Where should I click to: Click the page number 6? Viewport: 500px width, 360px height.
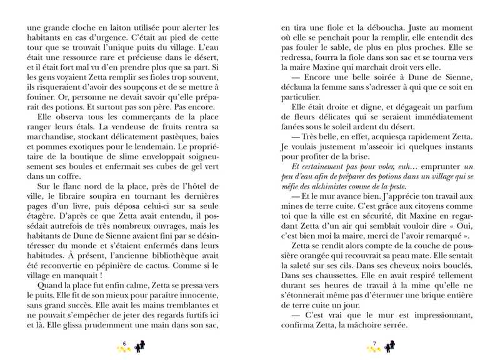click(x=125, y=343)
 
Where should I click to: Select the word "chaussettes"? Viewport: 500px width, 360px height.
click(x=327, y=273)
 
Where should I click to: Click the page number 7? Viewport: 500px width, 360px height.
click(x=373, y=343)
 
